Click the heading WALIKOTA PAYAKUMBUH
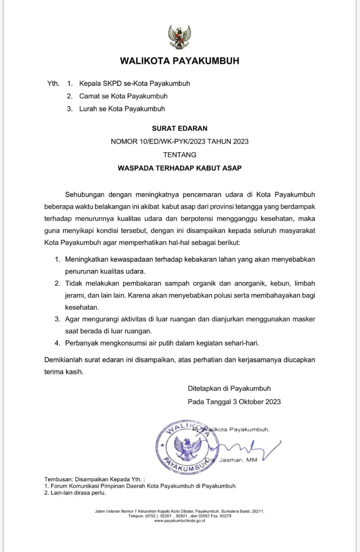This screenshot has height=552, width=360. point(179,61)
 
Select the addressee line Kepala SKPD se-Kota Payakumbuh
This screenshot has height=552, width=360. point(135,83)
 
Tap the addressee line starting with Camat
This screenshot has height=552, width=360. point(123,96)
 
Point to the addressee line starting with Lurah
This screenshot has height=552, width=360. point(122,109)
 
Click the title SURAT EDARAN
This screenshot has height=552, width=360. point(179,128)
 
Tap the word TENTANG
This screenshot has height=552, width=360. point(179,154)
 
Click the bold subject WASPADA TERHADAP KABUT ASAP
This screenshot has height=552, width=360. point(179,168)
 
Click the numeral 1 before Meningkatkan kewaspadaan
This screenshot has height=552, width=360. point(57,260)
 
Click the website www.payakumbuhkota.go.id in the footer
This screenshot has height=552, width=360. point(179,521)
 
